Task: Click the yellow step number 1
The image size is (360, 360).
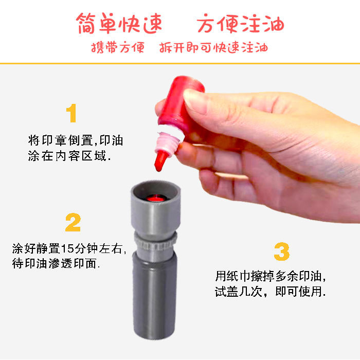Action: click(71, 113)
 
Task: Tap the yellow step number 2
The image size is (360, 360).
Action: click(73, 222)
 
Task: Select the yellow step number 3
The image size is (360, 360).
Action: click(282, 251)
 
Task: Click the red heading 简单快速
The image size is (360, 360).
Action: click(119, 24)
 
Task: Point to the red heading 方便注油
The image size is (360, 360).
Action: click(240, 24)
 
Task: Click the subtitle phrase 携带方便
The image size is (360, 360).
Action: click(118, 47)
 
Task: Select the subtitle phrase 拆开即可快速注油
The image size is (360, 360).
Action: click(213, 47)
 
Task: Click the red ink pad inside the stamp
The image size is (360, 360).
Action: click(156, 198)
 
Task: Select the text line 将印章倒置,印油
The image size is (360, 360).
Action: click(76, 140)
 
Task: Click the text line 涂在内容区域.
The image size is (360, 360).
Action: click(69, 156)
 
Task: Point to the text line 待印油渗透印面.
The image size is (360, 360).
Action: click(56, 263)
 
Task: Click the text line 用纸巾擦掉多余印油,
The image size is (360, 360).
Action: click(271, 276)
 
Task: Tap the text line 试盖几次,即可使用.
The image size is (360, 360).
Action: click(271, 291)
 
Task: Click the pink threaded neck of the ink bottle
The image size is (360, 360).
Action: click(168, 143)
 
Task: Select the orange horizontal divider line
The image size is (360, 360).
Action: click(180, 63)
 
